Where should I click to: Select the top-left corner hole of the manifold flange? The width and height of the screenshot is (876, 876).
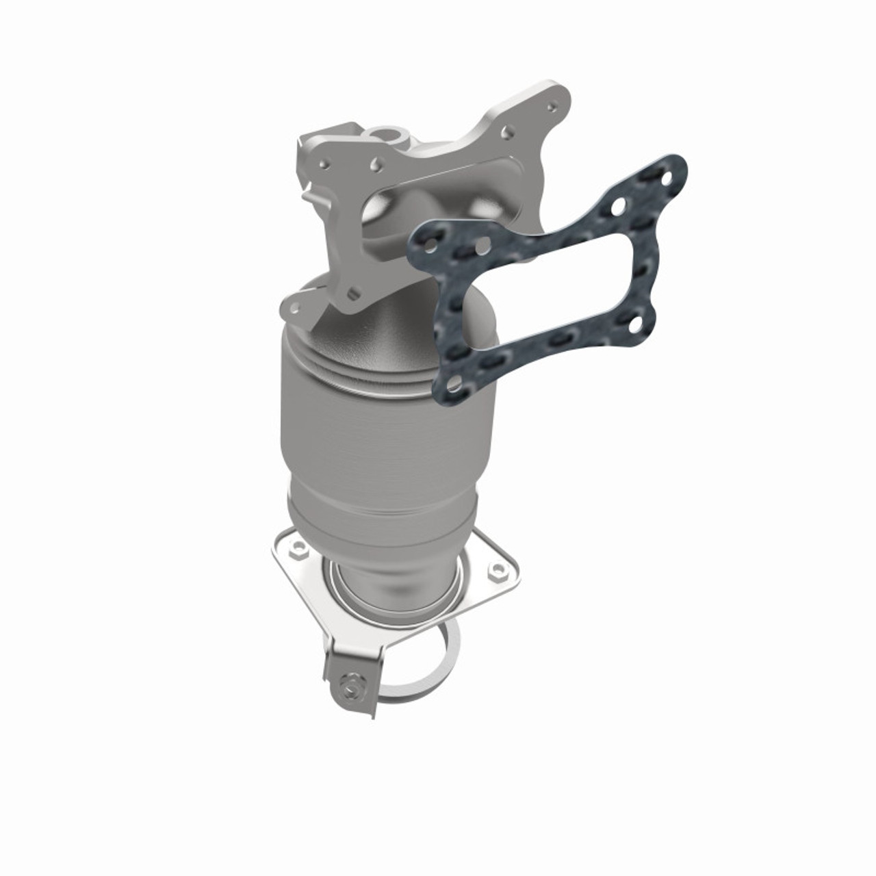(322, 162)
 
